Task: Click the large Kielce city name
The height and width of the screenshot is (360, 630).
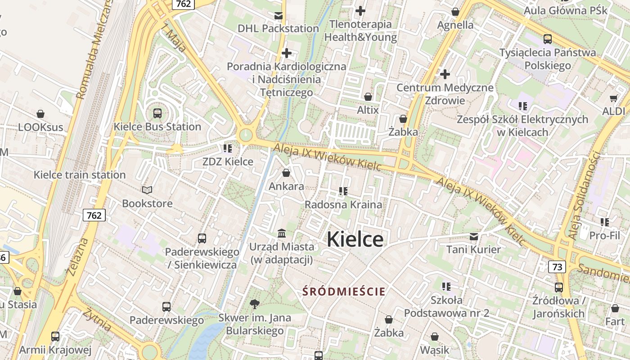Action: pos(355,239)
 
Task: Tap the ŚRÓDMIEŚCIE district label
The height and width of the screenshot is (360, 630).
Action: pos(344,292)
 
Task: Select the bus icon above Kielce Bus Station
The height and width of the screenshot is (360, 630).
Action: pos(157,113)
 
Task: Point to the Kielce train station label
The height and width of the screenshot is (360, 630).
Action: pos(80,175)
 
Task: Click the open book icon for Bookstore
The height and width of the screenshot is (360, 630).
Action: pos(147,190)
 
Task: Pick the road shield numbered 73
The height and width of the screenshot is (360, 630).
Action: pos(557,267)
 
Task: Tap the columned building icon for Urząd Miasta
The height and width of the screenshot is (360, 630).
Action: pos(282,233)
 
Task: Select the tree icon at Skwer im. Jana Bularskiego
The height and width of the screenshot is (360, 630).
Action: pos(254,304)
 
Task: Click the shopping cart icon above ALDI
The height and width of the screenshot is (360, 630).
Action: pos(613,98)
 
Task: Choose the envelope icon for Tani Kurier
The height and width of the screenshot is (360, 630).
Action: pos(473,236)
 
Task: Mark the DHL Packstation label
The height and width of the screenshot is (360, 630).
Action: pos(278,28)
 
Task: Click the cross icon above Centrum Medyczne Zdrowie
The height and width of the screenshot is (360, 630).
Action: pos(445,74)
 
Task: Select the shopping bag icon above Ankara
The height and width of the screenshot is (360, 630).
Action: pos(286,173)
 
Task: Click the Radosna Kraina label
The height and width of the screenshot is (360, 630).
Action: pos(343,204)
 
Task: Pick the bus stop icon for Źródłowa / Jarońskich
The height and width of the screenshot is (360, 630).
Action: pos(558,287)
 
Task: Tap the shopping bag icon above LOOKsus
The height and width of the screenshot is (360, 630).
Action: pos(40,114)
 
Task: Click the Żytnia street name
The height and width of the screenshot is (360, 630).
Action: pos(97,319)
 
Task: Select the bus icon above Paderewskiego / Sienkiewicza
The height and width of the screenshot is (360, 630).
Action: pos(202,238)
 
